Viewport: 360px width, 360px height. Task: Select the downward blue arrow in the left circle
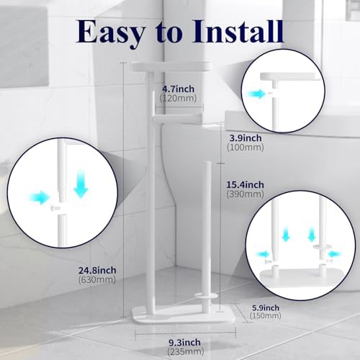pyautogui.click(x=80, y=186)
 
